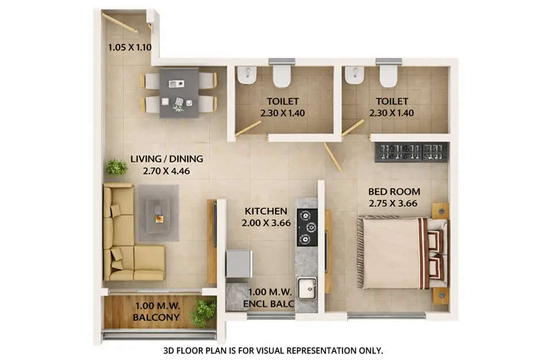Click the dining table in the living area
(x=178, y=92)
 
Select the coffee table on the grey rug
(x=158, y=213)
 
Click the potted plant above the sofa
(x=116, y=167)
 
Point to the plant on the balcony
(x=203, y=313)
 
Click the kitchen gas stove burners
(x=307, y=227)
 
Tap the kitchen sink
(x=307, y=287)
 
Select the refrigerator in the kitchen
(x=238, y=264)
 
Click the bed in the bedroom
(x=397, y=252)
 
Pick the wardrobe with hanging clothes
(x=411, y=151)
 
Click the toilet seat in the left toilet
(x=282, y=74)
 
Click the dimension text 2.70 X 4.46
(x=166, y=170)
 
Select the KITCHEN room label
(x=265, y=211)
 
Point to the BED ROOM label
(x=394, y=191)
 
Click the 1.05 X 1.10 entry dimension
(x=130, y=48)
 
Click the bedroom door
(x=332, y=156)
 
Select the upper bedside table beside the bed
(x=440, y=211)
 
